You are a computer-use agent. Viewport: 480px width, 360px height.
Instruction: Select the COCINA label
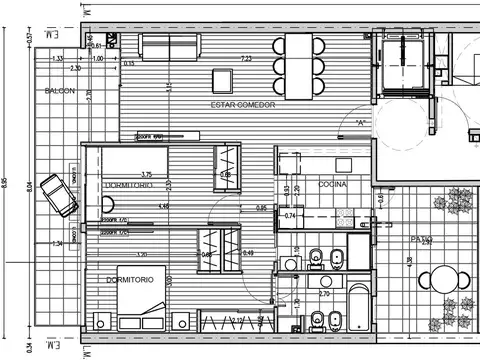(333, 185)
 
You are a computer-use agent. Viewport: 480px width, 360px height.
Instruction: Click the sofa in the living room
(168, 47)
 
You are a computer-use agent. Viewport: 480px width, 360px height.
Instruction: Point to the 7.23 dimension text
(246, 59)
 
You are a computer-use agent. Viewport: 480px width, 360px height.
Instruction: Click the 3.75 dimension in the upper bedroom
(147, 174)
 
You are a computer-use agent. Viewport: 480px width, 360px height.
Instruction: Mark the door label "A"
(358, 123)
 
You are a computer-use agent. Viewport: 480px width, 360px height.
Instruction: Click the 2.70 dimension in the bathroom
(324, 294)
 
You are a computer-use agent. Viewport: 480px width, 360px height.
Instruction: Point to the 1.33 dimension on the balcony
(58, 59)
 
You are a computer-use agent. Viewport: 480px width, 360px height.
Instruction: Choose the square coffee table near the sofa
(223, 79)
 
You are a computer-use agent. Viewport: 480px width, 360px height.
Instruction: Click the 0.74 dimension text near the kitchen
(290, 215)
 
